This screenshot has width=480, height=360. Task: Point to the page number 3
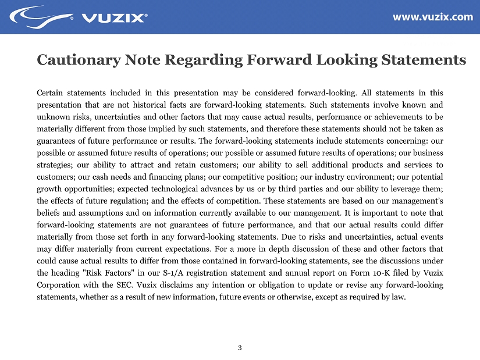(x=240, y=348)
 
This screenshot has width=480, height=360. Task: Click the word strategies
(x=54, y=164)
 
